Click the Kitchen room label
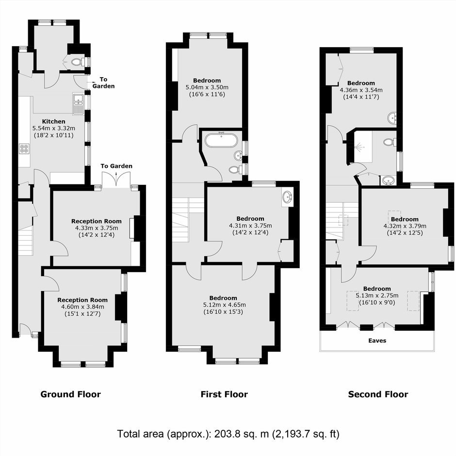[x=53, y=122]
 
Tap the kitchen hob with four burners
[x=24, y=149]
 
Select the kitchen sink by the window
[x=79, y=104]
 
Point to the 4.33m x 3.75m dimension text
[x=97, y=228]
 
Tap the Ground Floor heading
[x=71, y=394]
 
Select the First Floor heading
[x=224, y=394]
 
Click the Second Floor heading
[x=378, y=394]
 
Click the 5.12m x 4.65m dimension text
[x=224, y=305]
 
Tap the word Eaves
[x=377, y=341]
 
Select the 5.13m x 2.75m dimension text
[x=377, y=295]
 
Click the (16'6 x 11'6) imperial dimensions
[x=207, y=94]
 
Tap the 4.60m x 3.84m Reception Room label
[x=82, y=300]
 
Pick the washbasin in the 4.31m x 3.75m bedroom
[x=287, y=197]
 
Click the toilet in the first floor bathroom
[x=234, y=169]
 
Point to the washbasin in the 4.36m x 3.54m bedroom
[x=392, y=118]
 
